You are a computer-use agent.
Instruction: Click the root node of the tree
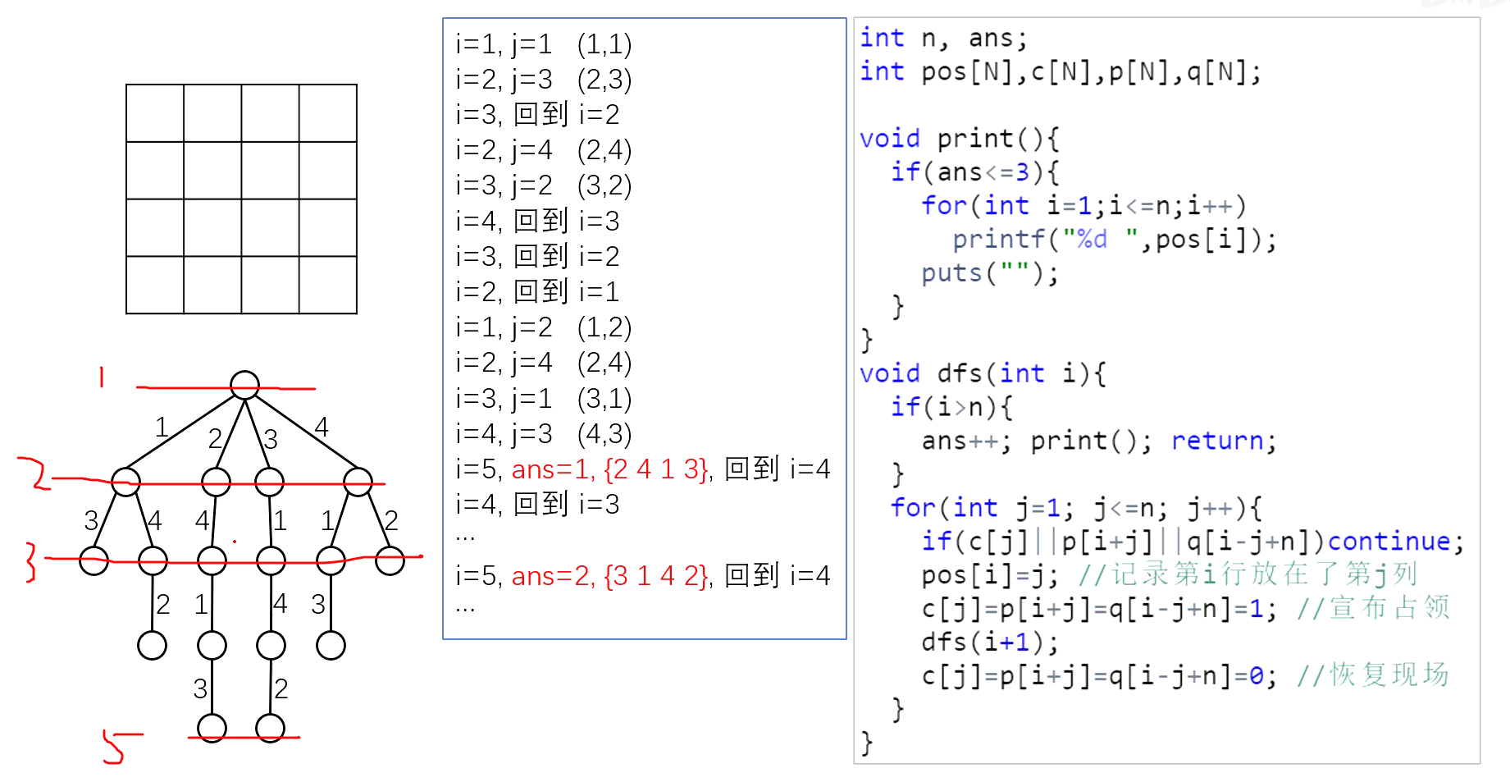(244, 385)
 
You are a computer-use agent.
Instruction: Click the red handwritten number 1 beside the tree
(102, 377)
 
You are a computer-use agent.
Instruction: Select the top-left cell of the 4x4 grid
(155, 113)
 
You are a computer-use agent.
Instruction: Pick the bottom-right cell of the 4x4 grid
(328, 285)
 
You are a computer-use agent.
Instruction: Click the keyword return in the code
(1216, 441)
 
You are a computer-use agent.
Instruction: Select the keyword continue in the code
(1389, 542)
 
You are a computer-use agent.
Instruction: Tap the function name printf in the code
(998, 240)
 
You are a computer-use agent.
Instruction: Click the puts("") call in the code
(989, 273)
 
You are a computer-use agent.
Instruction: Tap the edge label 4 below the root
(322, 427)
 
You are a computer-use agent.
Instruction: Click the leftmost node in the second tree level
(125, 482)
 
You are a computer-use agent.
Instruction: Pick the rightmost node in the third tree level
(390, 561)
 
